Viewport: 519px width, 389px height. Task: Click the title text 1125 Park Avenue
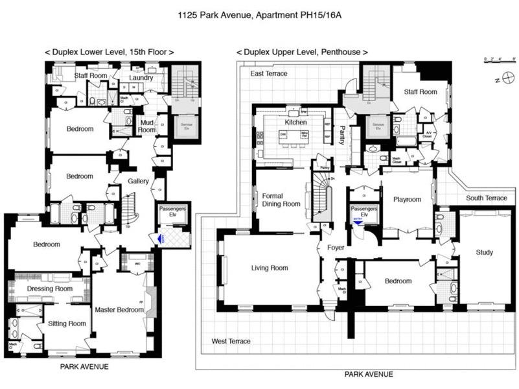click(x=259, y=14)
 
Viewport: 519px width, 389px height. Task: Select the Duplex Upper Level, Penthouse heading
click(x=302, y=52)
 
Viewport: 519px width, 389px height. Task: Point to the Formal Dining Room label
click(x=281, y=199)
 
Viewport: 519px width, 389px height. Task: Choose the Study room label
click(x=484, y=252)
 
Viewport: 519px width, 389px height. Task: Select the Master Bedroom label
click(x=119, y=310)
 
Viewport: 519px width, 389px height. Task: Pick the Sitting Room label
click(x=63, y=324)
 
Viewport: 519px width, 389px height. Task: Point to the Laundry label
click(x=141, y=78)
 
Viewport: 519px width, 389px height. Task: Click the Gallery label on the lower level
click(x=139, y=181)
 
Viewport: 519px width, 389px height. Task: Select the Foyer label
click(x=334, y=248)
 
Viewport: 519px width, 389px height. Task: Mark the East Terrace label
click(x=269, y=74)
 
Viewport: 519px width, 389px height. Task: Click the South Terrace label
click(x=487, y=198)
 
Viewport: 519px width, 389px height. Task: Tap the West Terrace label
click(x=231, y=341)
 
